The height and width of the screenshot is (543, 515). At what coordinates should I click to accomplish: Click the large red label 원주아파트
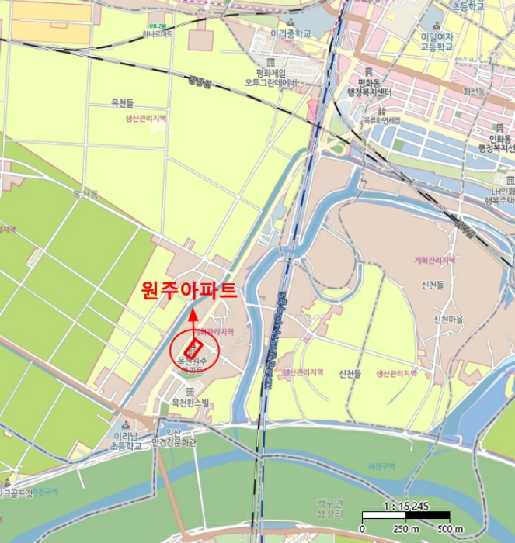(189, 291)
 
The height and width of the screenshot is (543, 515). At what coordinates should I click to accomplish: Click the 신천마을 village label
(450, 319)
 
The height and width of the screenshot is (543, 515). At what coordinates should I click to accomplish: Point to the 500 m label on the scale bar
(451, 529)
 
